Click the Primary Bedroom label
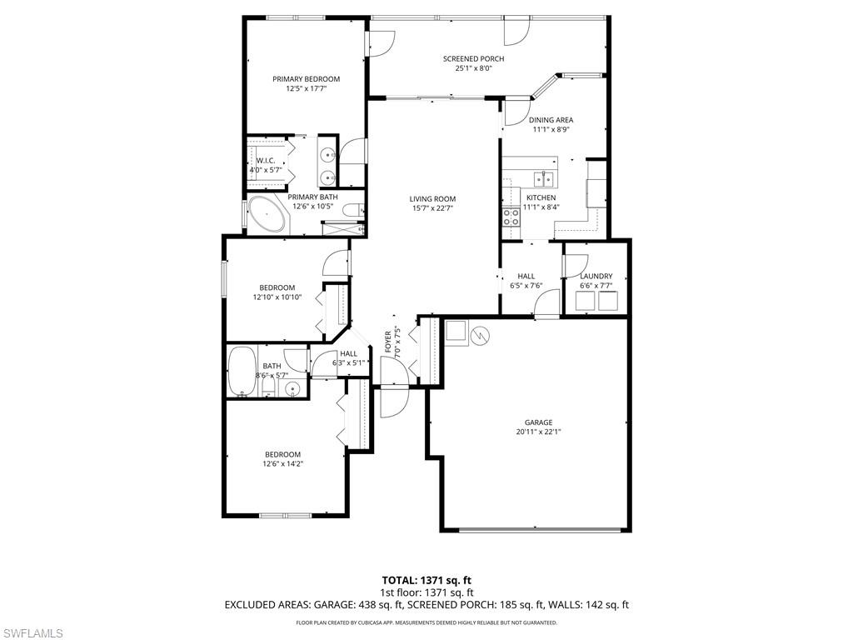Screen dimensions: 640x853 [x=307, y=79]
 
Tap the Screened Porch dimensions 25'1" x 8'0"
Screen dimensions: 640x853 [x=473, y=69]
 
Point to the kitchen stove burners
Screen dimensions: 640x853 [x=510, y=217]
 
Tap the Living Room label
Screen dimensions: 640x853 [x=432, y=198]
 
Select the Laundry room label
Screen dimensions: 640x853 [x=596, y=276]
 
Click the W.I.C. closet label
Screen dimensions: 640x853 [x=266, y=160]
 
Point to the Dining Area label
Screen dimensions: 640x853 [x=551, y=120]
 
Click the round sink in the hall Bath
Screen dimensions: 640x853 [x=292, y=388]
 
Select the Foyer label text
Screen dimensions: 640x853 [x=388, y=342]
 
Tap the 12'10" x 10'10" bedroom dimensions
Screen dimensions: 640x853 [x=277, y=297]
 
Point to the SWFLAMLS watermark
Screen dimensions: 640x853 [x=32, y=633]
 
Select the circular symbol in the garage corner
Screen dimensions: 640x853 [x=479, y=335]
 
